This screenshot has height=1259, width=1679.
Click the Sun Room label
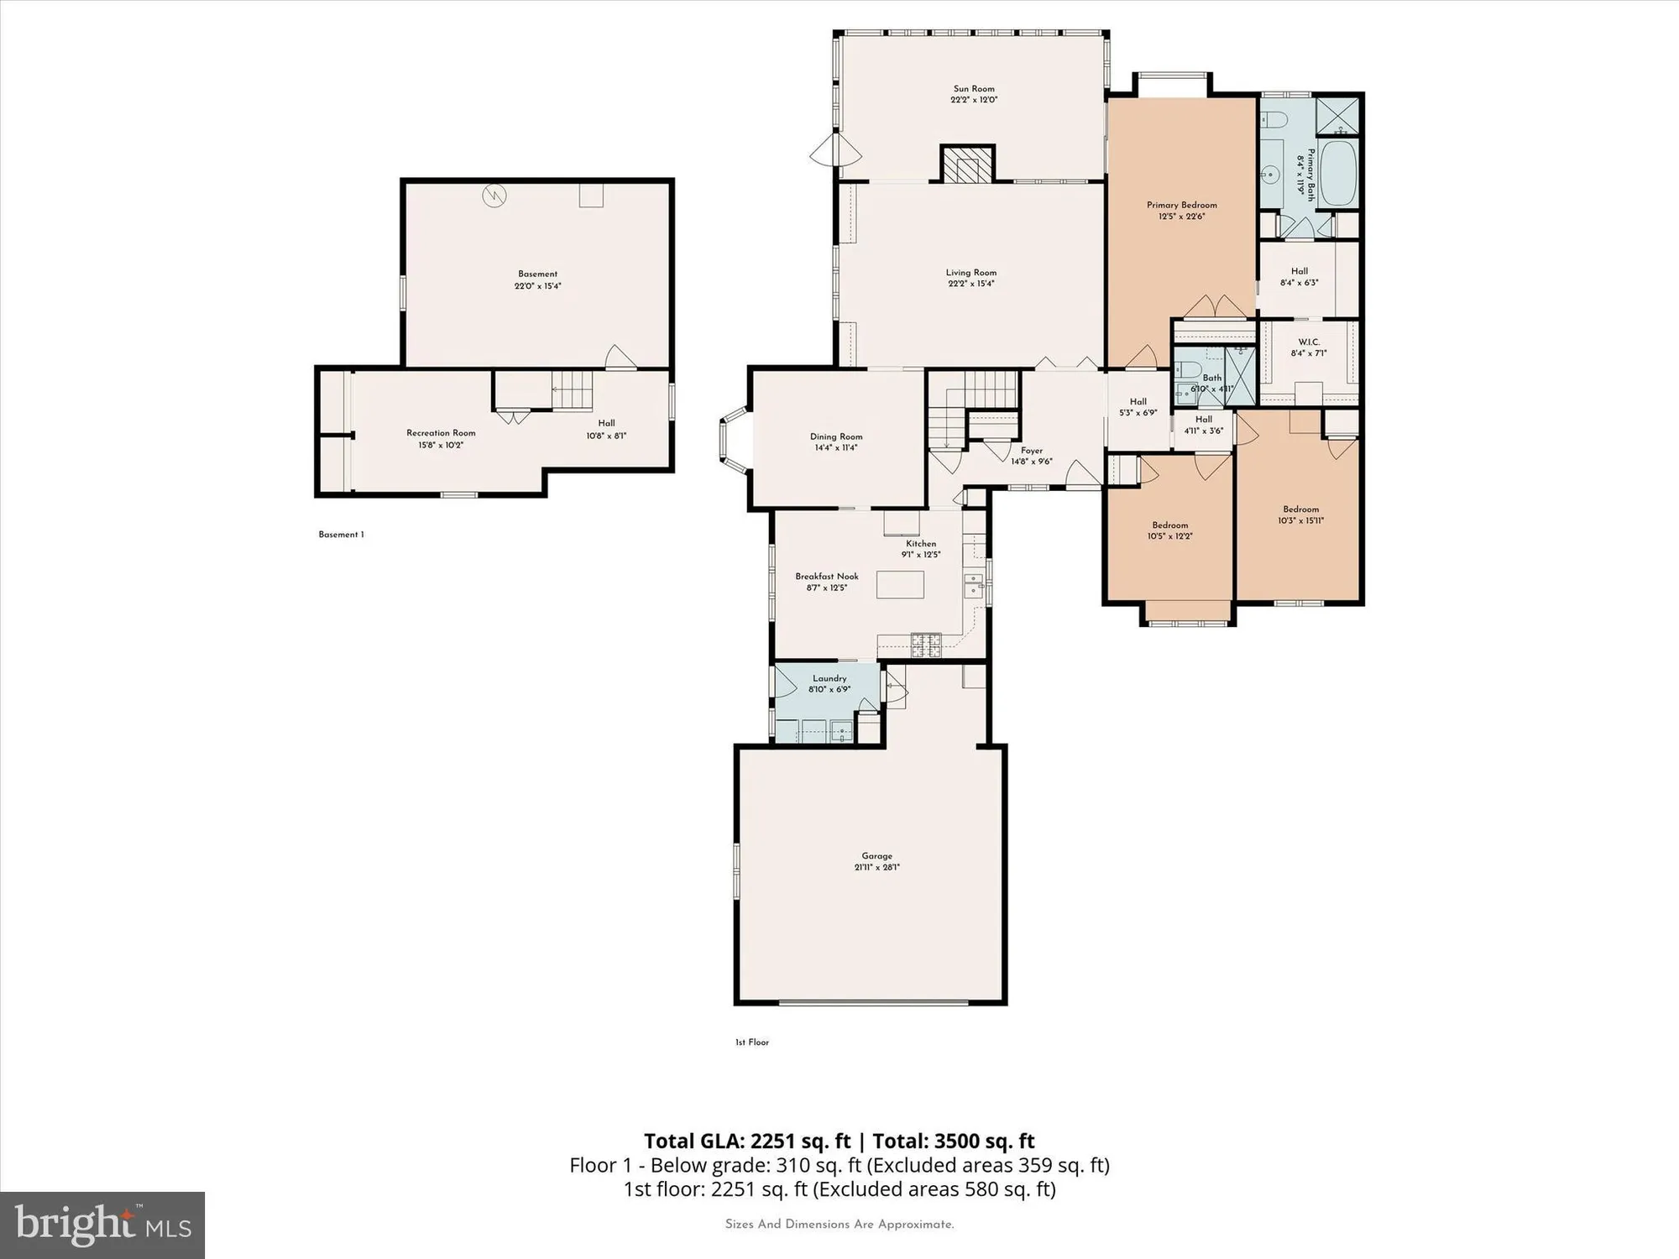click(x=974, y=89)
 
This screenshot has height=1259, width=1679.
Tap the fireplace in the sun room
click(x=966, y=164)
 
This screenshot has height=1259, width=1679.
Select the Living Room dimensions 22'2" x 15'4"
click(x=971, y=284)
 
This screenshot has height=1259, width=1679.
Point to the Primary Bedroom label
click(x=1181, y=205)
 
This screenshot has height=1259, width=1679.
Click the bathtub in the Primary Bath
click(x=1338, y=174)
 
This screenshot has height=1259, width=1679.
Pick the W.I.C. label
click(x=1309, y=342)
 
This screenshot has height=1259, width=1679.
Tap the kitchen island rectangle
click(x=900, y=584)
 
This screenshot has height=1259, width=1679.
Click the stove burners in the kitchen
click(x=927, y=645)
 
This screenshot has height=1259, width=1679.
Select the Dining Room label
click(x=836, y=436)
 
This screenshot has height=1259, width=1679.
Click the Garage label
click(x=876, y=856)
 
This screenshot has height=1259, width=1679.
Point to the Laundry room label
click(x=829, y=678)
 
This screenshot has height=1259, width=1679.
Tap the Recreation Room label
click(x=441, y=433)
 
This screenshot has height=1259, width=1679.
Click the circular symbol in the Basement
click(x=494, y=196)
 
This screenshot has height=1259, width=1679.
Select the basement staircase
click(x=573, y=391)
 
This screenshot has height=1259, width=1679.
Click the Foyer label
click(x=1032, y=451)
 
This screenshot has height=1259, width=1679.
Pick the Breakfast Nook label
click(x=827, y=577)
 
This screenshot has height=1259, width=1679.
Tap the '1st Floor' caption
click(x=752, y=1042)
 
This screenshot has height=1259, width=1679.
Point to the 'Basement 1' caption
click(x=341, y=535)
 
